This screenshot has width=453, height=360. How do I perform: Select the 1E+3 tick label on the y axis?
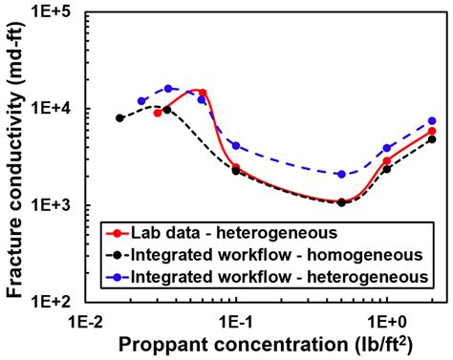pyautogui.click(x=56, y=205)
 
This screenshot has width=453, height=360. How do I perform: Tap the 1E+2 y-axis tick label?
pyautogui.click(x=56, y=300)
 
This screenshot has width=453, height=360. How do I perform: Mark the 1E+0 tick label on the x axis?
pyautogui.click(x=386, y=317)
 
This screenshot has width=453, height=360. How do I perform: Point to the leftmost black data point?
pyautogui.click(x=119, y=117)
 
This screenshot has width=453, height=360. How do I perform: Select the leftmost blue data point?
pyautogui.click(x=141, y=100)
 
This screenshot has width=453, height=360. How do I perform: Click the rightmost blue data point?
pyautogui.click(x=432, y=121)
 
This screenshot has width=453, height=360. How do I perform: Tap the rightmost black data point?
pyautogui.click(x=432, y=138)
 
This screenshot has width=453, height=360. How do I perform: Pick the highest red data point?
pyautogui.click(x=203, y=93)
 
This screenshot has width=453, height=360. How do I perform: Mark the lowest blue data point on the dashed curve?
pyautogui.click(x=341, y=174)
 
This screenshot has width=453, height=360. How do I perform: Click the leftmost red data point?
pyautogui.click(x=158, y=113)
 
